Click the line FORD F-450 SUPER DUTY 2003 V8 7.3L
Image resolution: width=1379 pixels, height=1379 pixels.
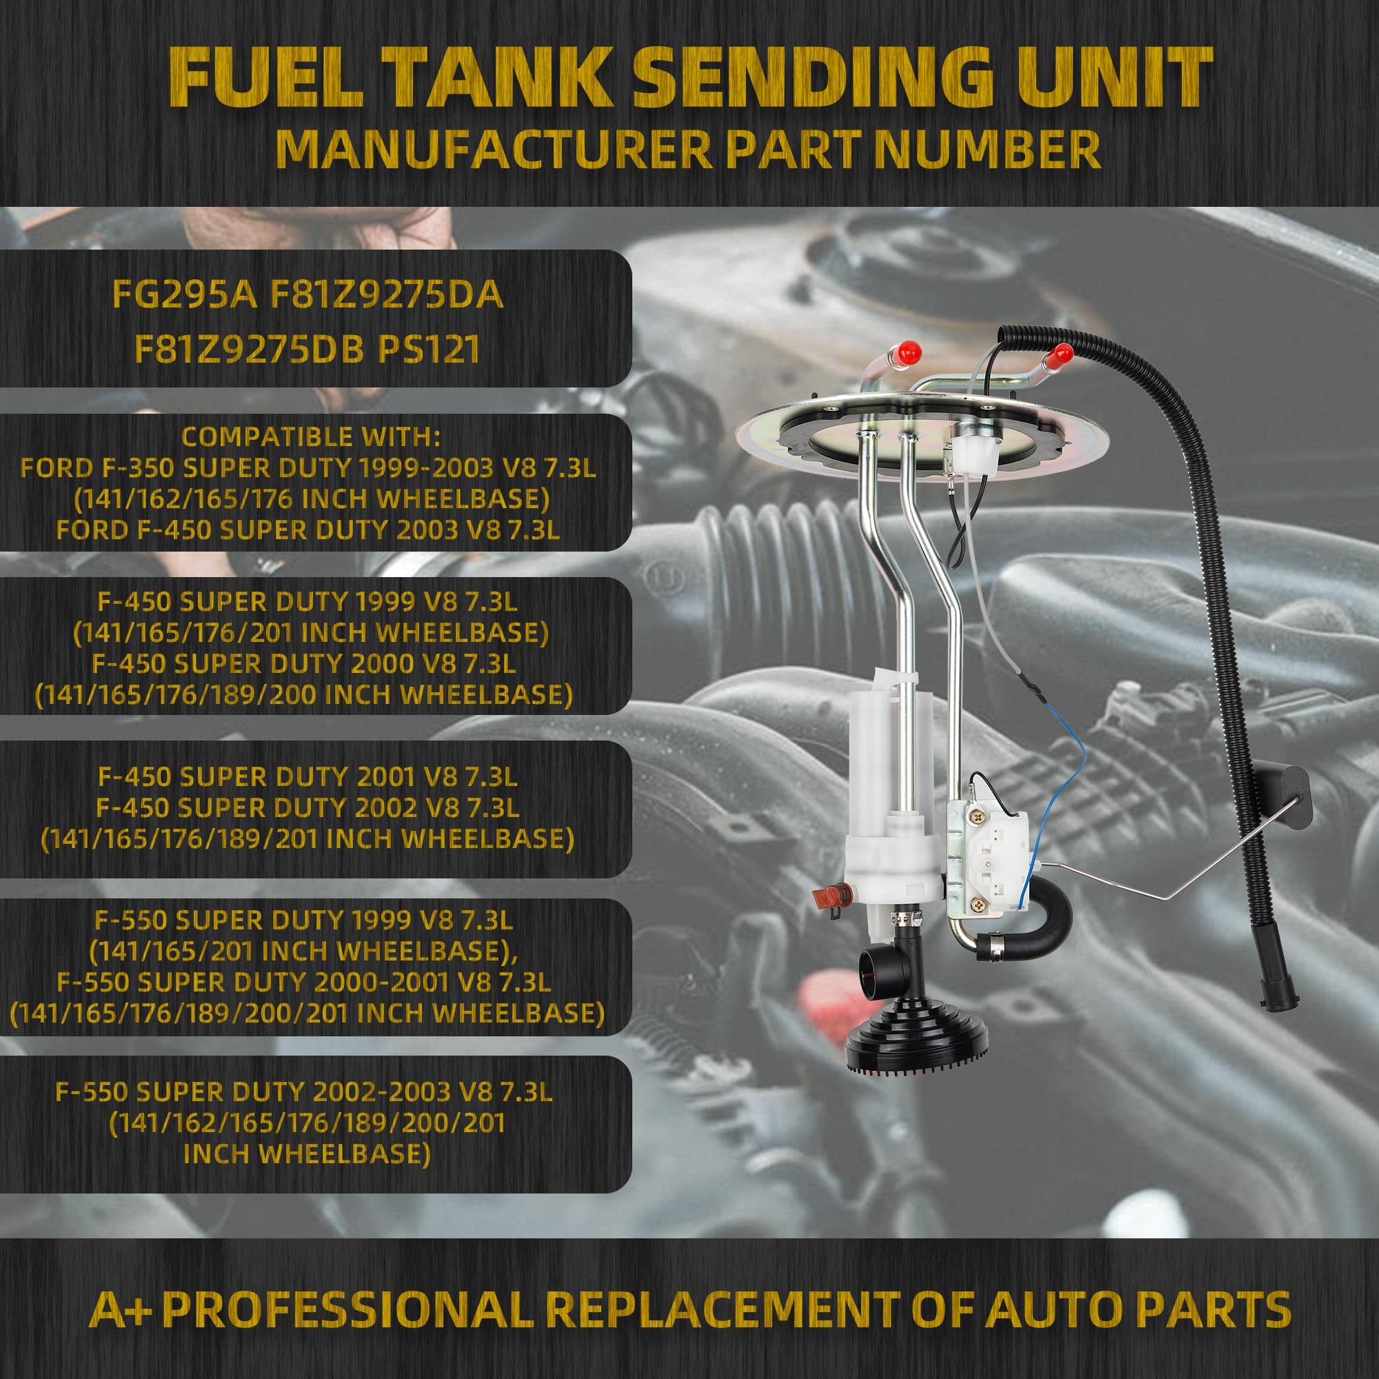[x=308, y=530]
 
